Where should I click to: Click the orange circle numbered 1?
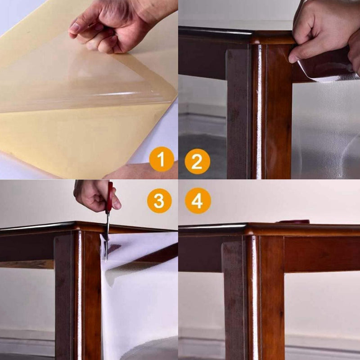(x=162, y=159)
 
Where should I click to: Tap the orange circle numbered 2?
(x=198, y=162)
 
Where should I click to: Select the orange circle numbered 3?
(x=159, y=201)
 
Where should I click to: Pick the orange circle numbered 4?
(x=198, y=201)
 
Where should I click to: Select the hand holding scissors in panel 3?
(x=96, y=195)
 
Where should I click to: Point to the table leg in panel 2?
(x=260, y=110)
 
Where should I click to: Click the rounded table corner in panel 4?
(x=249, y=229)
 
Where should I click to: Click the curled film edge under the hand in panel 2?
(x=326, y=71)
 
